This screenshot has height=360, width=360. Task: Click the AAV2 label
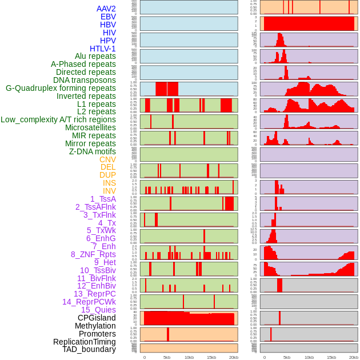click(x=106, y=9)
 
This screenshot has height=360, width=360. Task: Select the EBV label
click(x=108, y=17)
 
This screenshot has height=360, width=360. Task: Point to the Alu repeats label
click(x=95, y=57)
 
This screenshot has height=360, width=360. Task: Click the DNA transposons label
click(x=85, y=81)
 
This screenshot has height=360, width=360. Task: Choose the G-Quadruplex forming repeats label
click(x=61, y=89)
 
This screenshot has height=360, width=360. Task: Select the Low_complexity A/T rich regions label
click(x=58, y=120)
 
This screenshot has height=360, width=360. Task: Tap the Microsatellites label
click(x=90, y=127)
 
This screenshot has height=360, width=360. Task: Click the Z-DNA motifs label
click(x=93, y=151)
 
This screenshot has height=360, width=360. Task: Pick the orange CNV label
click(x=107, y=159)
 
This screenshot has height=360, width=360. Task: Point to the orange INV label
click(x=109, y=191)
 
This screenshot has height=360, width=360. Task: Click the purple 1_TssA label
click(x=103, y=199)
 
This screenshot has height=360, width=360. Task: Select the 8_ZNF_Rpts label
click(x=93, y=254)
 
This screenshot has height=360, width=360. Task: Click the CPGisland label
click(x=97, y=318)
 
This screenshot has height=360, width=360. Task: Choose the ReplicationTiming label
click(x=85, y=342)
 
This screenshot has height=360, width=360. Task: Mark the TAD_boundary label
click(x=89, y=349)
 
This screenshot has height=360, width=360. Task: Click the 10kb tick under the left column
click(x=189, y=357)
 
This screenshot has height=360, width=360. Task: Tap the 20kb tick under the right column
click(x=354, y=357)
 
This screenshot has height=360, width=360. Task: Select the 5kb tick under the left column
click(x=167, y=357)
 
